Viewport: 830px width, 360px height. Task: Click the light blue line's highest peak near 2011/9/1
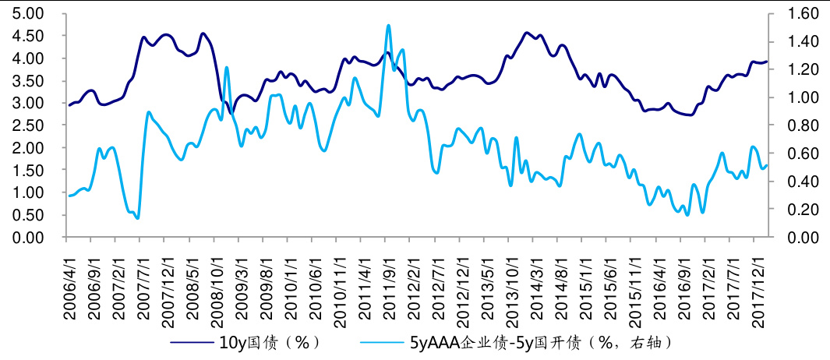point(388,26)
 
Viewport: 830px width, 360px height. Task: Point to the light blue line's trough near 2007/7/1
point(138,217)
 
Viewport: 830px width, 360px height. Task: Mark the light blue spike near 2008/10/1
point(226,68)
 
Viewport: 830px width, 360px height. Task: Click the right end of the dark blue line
point(767,62)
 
